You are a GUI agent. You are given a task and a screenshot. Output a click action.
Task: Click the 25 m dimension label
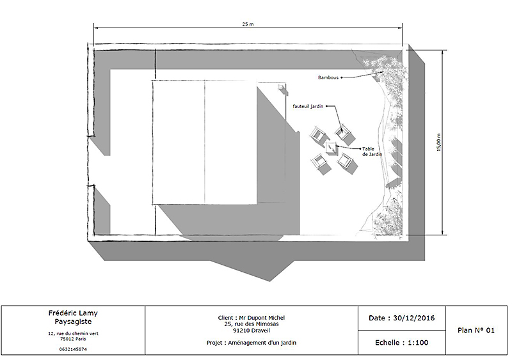tap(248, 24)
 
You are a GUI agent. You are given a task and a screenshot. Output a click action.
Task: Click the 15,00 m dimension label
tap(438, 143)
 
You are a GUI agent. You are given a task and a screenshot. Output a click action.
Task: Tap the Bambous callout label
tap(328, 77)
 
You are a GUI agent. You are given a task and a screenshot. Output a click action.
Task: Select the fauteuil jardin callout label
tap(308, 106)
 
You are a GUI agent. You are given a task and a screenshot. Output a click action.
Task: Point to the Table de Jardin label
tap(372, 152)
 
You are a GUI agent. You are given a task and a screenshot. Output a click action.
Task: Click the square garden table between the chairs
tap(331, 148)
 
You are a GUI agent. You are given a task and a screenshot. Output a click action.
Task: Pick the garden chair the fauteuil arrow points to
tap(343, 133)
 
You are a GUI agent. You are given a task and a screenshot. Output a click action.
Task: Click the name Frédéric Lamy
tap(73, 313)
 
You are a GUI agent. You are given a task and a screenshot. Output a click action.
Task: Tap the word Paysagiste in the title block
tap(73, 322)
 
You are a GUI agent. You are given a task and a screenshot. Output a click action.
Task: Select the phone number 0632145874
tap(73, 349)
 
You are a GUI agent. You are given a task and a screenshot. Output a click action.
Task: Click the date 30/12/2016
tap(413, 318)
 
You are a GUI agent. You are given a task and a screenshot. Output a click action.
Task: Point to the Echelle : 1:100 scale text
tap(402, 343)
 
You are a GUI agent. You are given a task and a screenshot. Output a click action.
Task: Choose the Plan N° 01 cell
tap(476, 331)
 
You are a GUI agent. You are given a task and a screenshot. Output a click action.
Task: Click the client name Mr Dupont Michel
tap(262, 318)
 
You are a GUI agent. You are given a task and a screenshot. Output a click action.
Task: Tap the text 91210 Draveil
tap(252, 331)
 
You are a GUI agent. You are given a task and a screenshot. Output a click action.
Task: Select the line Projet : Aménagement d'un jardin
tap(252, 343)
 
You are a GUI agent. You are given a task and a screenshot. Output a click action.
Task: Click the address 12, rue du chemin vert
tap(73, 334)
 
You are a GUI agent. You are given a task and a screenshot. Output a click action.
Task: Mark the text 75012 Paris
tap(73, 339)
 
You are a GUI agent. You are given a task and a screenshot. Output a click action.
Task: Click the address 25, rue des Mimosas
tap(252, 324)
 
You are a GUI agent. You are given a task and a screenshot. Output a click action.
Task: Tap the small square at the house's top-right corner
tap(281, 86)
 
